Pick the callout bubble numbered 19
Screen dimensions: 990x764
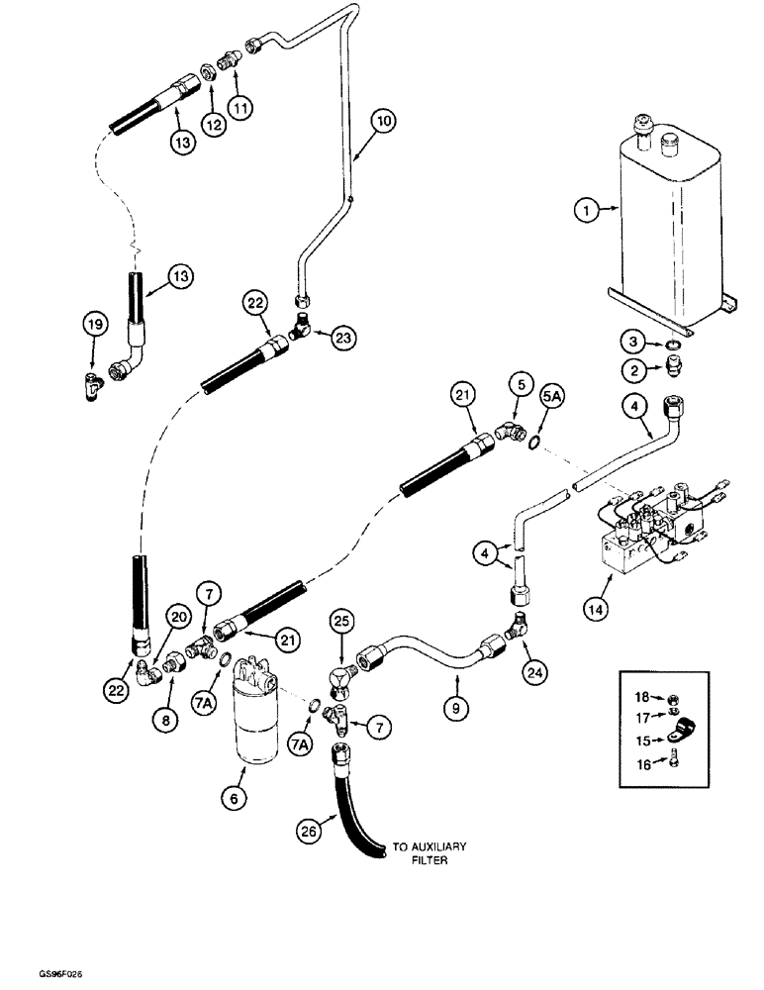(x=92, y=323)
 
